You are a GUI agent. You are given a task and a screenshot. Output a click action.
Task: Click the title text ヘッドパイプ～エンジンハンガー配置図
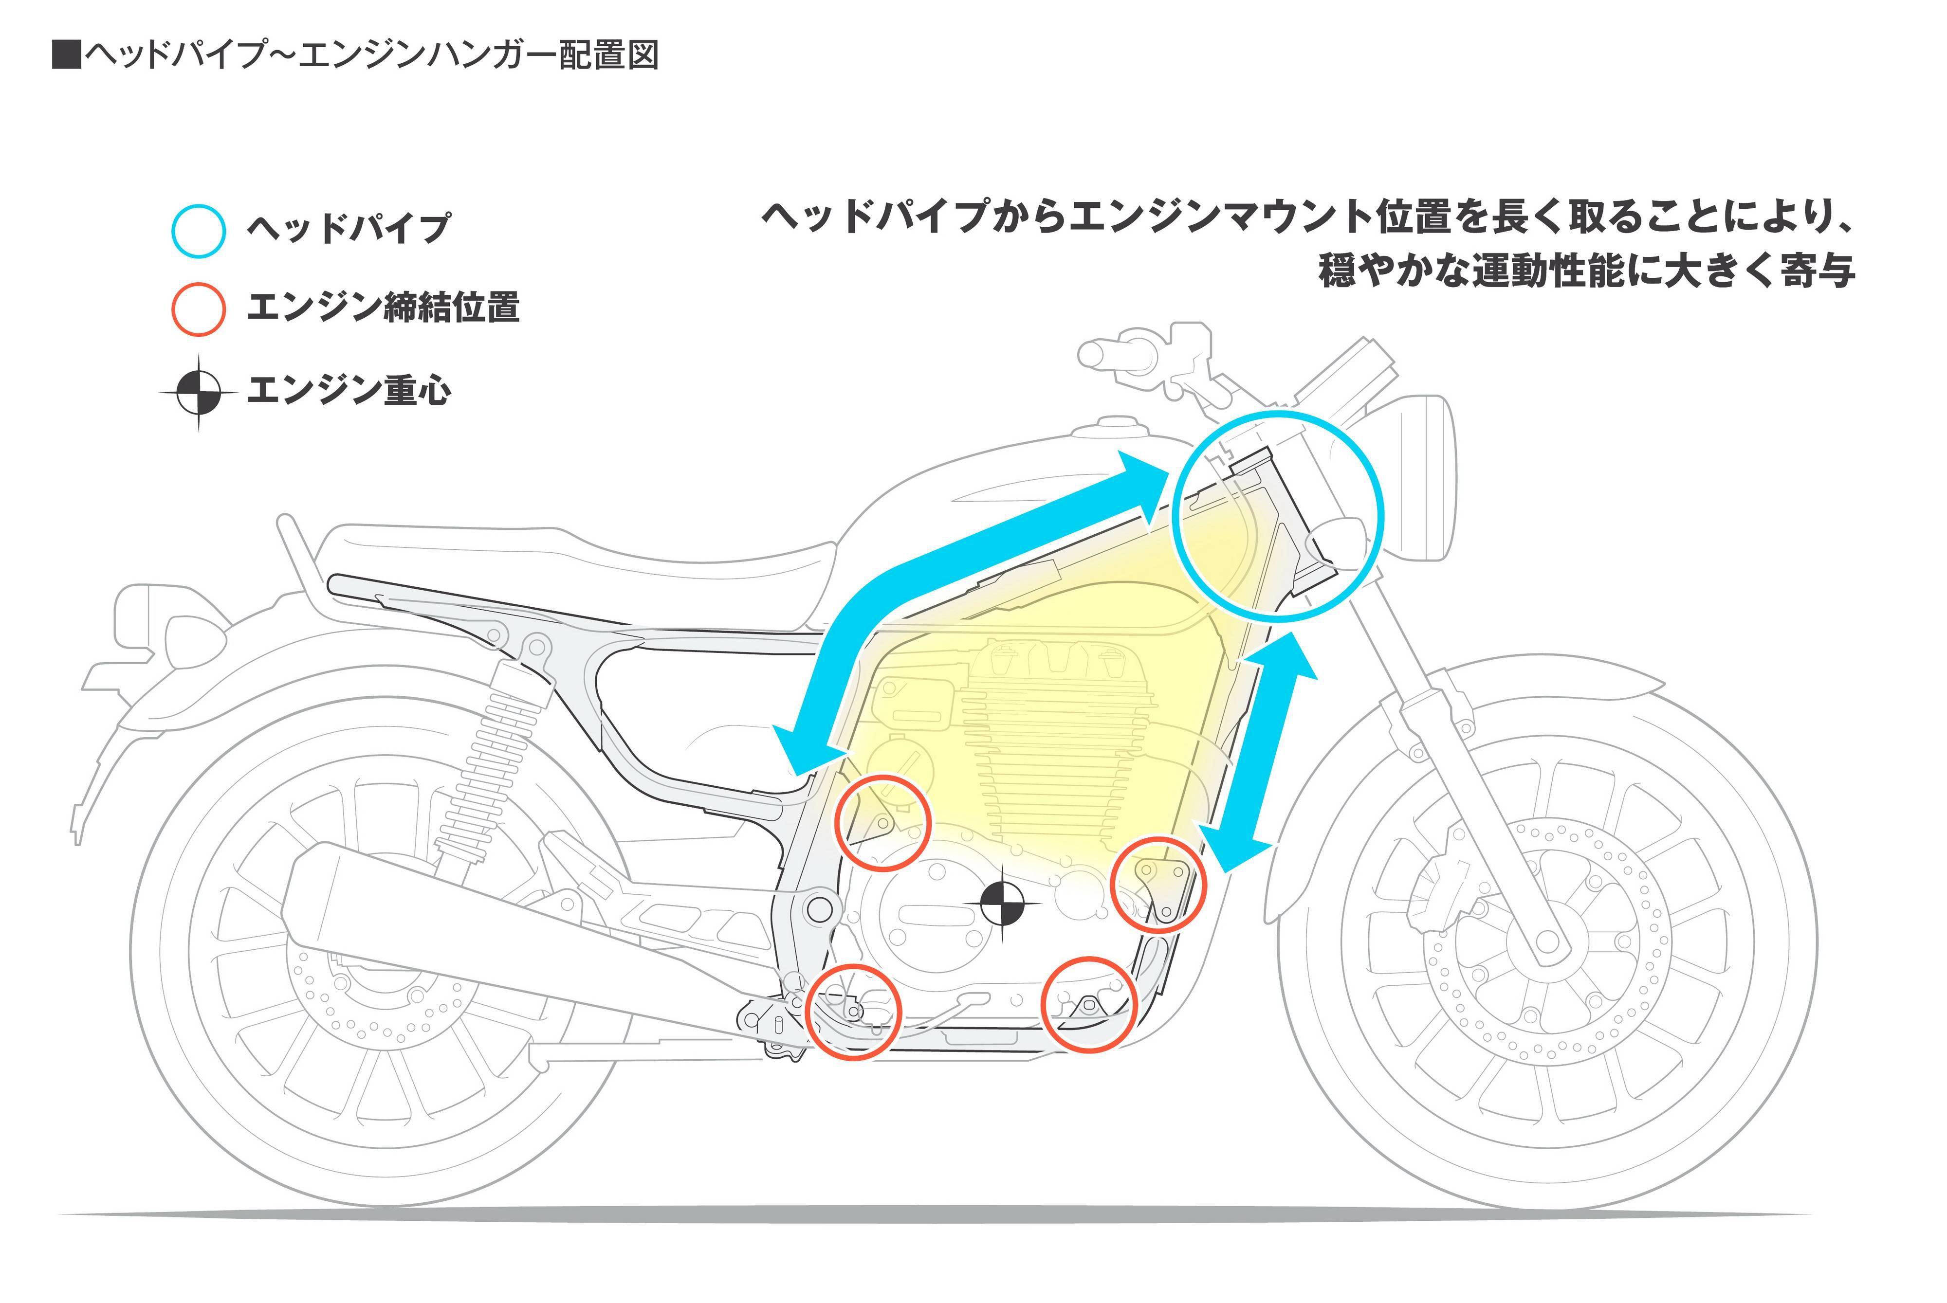(356, 55)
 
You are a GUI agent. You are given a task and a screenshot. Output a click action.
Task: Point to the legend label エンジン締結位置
(383, 308)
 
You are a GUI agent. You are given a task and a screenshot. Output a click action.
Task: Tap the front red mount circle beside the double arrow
(1158, 884)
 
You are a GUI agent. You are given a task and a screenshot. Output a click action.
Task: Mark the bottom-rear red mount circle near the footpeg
(853, 1012)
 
